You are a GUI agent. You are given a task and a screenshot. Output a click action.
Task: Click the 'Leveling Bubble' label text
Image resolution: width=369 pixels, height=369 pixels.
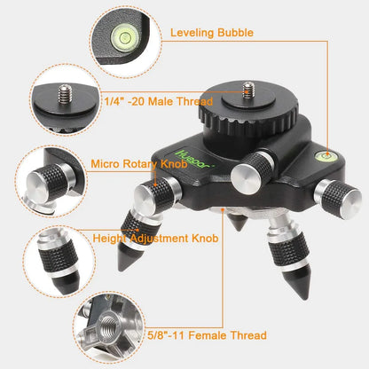pyautogui.click(x=212, y=33)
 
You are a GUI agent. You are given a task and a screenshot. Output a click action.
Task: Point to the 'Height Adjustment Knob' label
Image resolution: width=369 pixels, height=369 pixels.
pyautogui.click(x=152, y=238)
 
